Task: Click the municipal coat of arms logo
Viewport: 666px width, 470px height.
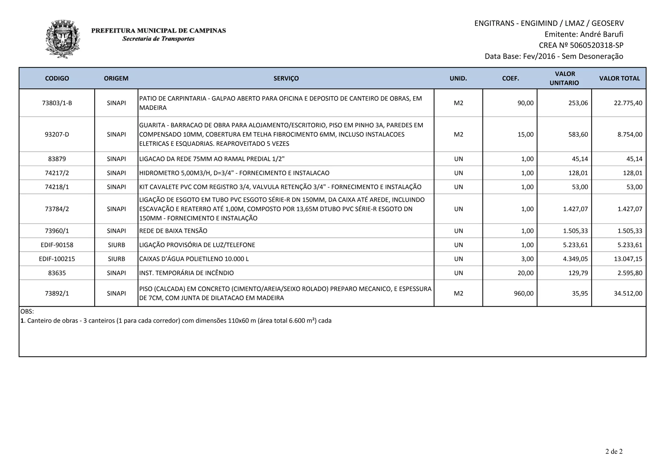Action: coord(63,39)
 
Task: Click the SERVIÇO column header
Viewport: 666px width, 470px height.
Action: coord(286,78)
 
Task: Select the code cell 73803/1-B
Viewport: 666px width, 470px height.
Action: coord(57,103)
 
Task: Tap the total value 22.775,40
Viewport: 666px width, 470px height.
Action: coord(628,103)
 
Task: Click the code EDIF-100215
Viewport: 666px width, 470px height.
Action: coord(57,259)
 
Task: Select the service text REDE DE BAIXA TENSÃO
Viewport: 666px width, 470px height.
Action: coord(173,231)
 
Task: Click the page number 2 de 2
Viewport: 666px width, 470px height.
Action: coord(614,451)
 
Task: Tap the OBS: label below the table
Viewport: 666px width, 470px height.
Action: coord(27,311)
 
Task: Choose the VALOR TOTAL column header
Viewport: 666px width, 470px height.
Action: coord(619,78)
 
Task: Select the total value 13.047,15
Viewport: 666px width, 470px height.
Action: coord(628,259)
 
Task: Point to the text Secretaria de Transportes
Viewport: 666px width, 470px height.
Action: coord(158,39)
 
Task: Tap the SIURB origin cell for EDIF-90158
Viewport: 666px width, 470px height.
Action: coord(116,245)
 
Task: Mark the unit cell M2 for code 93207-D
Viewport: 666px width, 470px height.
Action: coord(458,134)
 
